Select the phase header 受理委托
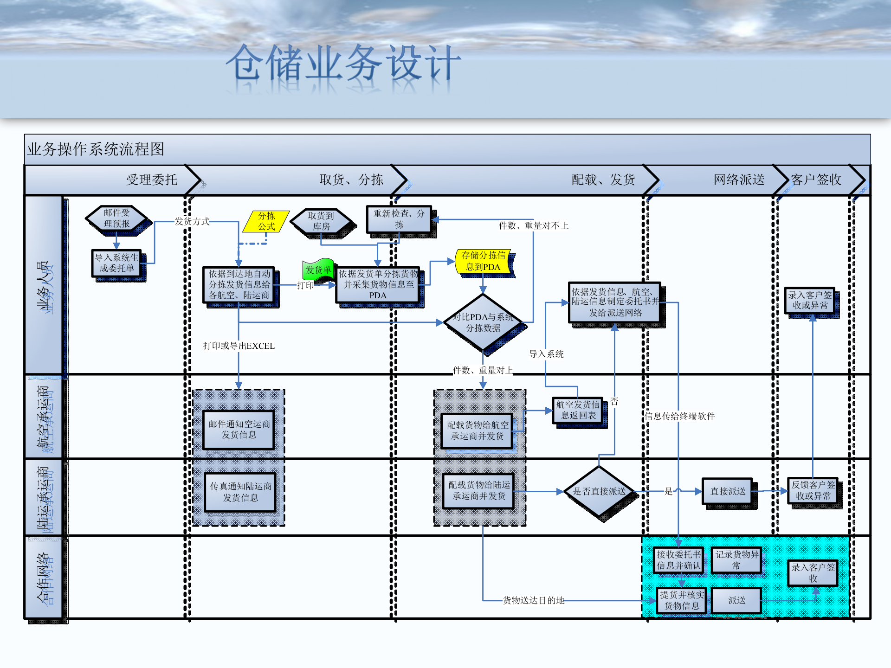(x=152, y=180)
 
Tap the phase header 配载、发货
(x=603, y=180)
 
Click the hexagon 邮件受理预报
(x=116, y=218)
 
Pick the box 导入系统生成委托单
(x=116, y=263)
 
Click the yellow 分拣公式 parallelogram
(x=266, y=221)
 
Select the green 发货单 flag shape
(x=318, y=270)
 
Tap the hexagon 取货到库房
(x=321, y=221)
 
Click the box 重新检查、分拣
(x=399, y=219)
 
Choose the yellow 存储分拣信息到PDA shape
(x=483, y=261)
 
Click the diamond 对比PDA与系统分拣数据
(x=483, y=322)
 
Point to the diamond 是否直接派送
(x=599, y=491)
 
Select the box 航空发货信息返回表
(x=578, y=410)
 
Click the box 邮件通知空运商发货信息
(x=239, y=430)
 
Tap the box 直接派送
(x=727, y=491)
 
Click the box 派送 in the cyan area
(x=736, y=600)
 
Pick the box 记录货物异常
(x=736, y=560)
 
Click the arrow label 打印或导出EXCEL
(x=239, y=346)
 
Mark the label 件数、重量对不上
(x=533, y=226)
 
